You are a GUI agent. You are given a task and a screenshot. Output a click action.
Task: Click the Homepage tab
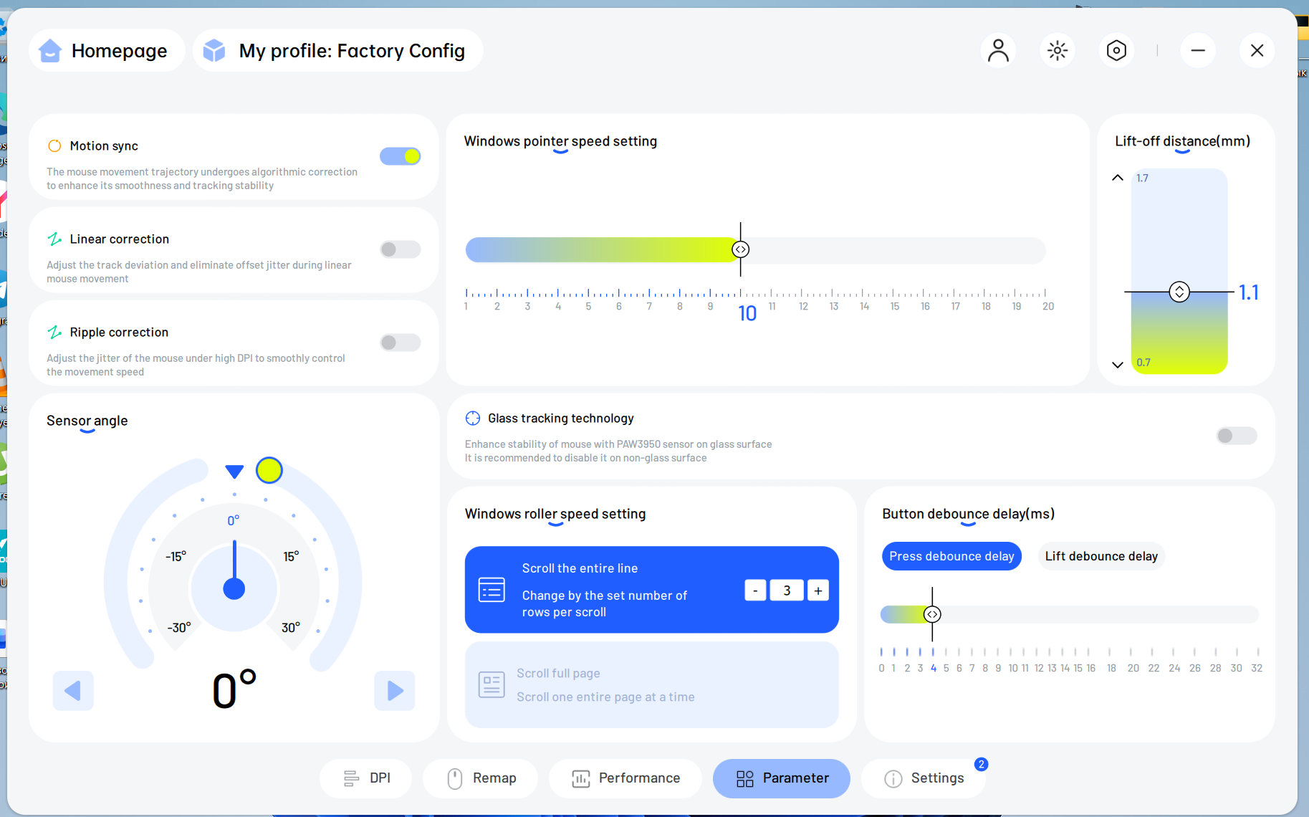107,50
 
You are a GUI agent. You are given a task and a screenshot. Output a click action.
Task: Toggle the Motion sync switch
400,156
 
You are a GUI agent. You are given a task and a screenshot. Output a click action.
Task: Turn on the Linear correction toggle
400,249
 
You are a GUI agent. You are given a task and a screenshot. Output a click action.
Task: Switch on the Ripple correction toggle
400,343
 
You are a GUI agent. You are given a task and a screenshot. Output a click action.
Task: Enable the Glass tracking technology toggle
1237,436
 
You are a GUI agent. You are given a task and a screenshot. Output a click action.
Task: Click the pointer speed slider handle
741,249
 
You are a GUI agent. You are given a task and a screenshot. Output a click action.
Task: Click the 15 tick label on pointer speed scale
895,306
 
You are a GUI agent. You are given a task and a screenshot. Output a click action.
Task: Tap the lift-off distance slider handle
1179,292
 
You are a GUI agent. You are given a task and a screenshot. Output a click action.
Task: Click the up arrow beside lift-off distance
1117,178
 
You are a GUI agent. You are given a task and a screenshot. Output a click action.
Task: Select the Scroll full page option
651,684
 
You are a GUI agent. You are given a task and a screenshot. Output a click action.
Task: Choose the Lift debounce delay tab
1101,556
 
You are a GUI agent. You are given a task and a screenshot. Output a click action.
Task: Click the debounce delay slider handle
932,614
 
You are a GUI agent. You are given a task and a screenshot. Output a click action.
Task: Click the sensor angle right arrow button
395,691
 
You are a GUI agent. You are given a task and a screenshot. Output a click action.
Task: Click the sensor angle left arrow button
73,691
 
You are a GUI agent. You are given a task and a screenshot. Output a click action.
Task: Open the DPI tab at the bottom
366,778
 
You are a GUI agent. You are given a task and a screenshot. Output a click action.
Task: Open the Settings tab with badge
924,778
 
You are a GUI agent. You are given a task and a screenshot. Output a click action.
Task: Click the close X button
1257,50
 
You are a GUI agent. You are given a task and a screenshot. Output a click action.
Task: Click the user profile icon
998,50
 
